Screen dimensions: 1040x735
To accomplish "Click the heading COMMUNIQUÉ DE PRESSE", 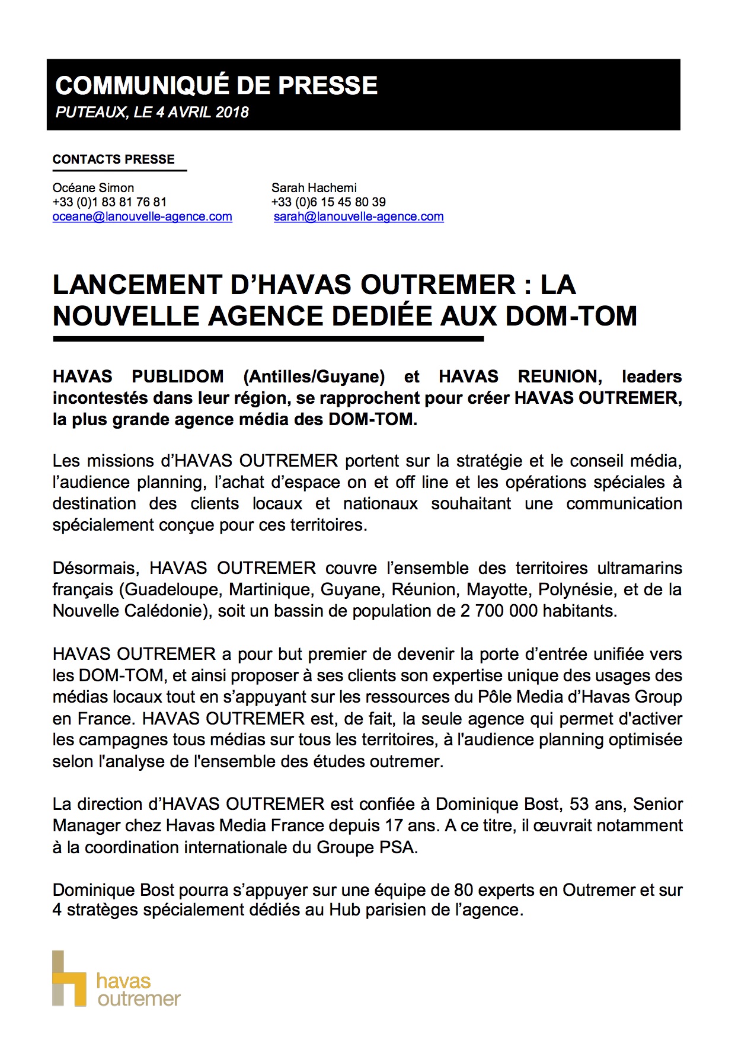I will (x=216, y=85).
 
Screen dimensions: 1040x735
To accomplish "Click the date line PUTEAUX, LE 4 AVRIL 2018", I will (x=152, y=112).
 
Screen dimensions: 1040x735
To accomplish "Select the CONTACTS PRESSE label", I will (x=114, y=159).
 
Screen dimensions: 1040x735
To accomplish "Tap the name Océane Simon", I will (x=93, y=188).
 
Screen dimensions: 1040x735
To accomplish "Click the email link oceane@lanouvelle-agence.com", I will (x=142, y=216).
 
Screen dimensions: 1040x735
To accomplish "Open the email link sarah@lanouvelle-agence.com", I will (x=359, y=216).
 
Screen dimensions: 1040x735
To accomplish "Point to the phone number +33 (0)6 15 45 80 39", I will (x=328, y=202).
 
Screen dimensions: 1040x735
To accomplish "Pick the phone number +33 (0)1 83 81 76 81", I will (x=110, y=202).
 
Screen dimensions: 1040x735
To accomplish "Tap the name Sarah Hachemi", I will (x=314, y=188).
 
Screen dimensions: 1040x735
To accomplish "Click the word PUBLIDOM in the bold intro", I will (x=178, y=377).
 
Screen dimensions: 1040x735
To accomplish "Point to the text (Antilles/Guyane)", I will (x=314, y=377).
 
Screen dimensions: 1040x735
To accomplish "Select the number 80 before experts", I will (x=464, y=890).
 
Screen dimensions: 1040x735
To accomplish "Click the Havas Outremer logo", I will (x=116, y=978).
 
